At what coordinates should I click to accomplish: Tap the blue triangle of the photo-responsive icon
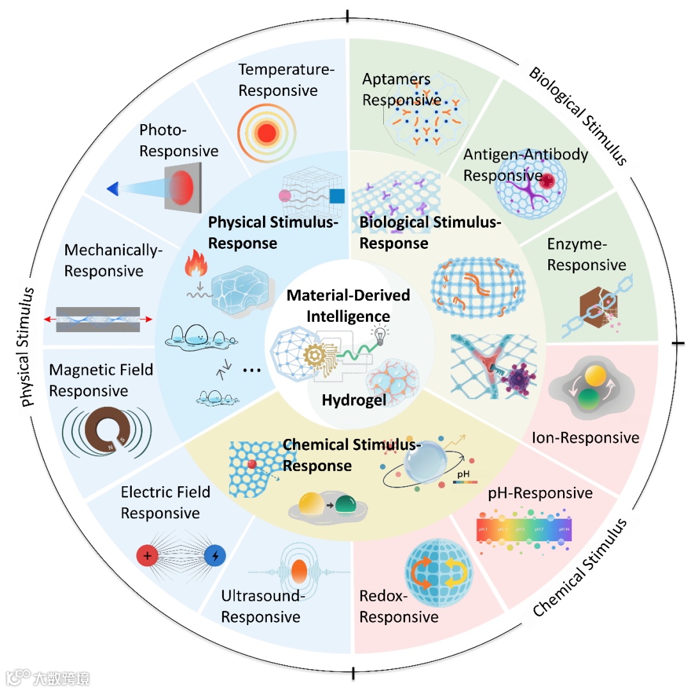(113, 188)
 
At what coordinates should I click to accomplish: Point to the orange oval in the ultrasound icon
(299, 571)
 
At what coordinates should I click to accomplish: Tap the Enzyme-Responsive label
(586, 254)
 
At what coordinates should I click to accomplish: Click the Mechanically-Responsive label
(113, 260)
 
